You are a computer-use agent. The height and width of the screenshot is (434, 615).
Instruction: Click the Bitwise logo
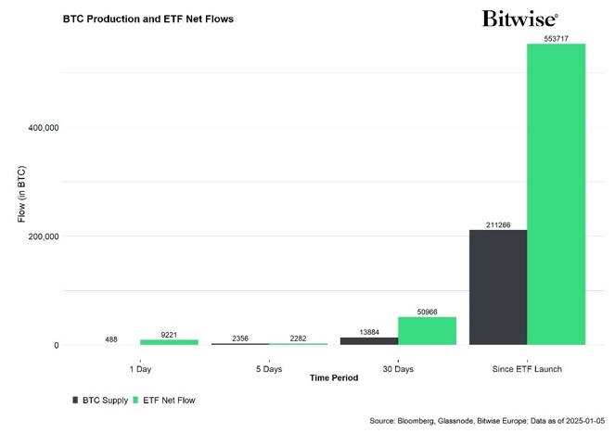click(520, 18)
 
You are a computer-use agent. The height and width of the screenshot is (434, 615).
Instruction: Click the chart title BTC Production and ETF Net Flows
click(148, 19)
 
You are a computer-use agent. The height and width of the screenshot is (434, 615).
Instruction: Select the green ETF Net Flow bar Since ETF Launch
click(557, 195)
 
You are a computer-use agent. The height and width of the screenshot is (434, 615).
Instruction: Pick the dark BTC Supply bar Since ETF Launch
click(498, 287)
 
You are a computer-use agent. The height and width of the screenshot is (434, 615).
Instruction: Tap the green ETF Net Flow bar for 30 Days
click(427, 331)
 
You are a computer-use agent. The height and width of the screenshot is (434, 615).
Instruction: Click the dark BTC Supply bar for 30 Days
click(369, 341)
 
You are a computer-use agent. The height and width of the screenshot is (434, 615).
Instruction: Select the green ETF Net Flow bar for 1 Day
click(169, 342)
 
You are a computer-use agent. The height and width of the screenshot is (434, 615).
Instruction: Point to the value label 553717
click(557, 38)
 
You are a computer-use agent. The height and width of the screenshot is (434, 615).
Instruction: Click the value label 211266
click(498, 224)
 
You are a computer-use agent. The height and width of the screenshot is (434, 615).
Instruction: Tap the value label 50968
click(427, 312)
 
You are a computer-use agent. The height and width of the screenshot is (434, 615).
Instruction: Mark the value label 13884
click(369, 332)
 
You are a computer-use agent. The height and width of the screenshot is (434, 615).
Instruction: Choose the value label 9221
click(169, 334)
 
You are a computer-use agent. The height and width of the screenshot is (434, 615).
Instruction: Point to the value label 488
click(111, 339)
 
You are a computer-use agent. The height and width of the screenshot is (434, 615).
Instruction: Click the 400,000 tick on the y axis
click(39, 127)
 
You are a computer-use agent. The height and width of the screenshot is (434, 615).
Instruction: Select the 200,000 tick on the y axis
click(39, 236)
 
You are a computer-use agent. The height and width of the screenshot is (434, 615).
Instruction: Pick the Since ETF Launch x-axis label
click(528, 368)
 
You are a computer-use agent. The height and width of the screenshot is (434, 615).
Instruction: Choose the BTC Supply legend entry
click(101, 401)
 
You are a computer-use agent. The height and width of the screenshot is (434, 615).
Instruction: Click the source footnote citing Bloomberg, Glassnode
click(486, 420)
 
